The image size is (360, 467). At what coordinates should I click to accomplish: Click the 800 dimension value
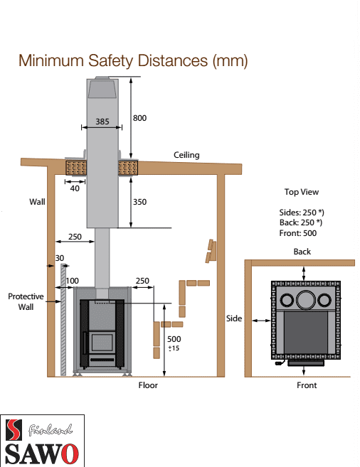(x=139, y=118)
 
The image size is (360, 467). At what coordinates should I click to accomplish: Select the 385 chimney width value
(x=102, y=122)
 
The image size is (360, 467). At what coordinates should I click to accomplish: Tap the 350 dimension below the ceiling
(x=139, y=202)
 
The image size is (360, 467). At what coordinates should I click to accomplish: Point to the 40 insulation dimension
(x=75, y=188)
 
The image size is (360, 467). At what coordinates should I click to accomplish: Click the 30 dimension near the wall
(x=60, y=258)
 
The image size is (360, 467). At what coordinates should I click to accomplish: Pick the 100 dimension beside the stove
(x=73, y=281)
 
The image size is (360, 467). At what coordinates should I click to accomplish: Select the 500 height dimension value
(x=174, y=339)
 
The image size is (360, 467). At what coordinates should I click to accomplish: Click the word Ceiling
(x=186, y=155)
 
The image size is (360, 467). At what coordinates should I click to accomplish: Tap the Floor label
(x=148, y=385)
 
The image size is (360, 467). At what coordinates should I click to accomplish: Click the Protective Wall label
(x=26, y=301)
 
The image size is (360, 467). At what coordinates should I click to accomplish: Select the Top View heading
(x=302, y=192)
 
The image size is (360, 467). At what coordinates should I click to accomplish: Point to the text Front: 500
(x=298, y=233)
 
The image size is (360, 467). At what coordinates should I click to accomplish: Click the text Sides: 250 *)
(x=302, y=213)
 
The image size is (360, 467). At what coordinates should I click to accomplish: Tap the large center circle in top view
(x=306, y=299)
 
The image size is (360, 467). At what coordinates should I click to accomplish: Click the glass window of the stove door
(x=102, y=342)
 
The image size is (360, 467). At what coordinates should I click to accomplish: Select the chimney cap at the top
(x=102, y=87)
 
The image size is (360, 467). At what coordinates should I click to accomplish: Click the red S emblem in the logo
(x=14, y=430)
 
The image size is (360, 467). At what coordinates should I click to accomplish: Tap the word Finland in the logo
(x=50, y=430)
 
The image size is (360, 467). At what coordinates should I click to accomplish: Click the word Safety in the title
(x=111, y=61)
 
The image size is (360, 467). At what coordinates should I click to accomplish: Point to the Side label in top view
(x=234, y=318)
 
